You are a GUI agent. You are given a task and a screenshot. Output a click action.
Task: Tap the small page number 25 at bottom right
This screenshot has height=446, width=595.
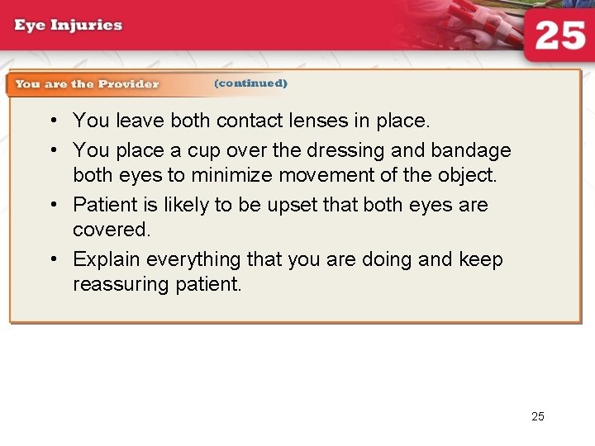coord(538,416)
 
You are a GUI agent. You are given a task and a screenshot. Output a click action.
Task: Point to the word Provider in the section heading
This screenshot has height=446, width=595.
coord(129,83)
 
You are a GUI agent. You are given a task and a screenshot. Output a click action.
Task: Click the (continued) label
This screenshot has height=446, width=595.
coord(250,83)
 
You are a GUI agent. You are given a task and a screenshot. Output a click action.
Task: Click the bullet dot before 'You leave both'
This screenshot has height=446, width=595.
coord(52,121)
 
